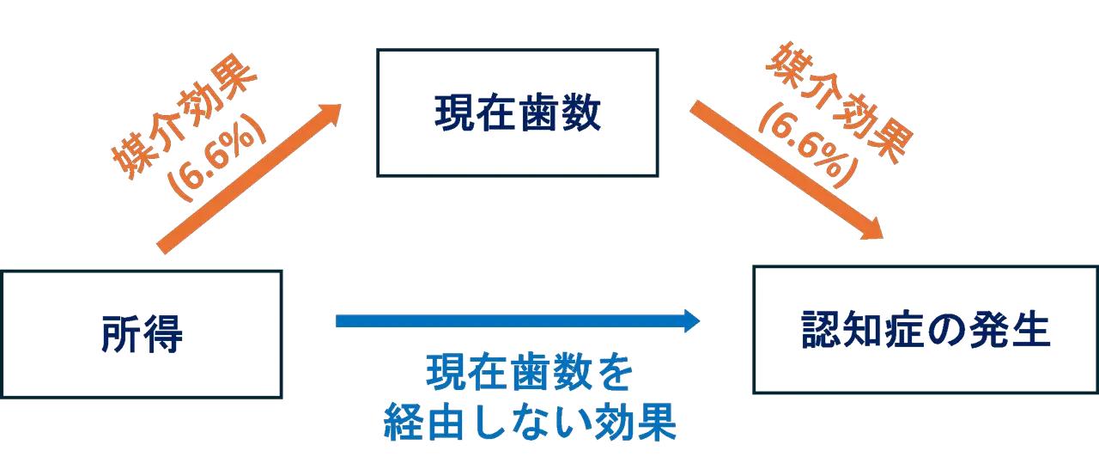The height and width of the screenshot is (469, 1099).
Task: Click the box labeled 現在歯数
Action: click(x=515, y=113)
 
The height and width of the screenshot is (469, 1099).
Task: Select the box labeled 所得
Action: click(x=141, y=335)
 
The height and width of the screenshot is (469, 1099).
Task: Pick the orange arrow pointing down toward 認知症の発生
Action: click(x=781, y=167)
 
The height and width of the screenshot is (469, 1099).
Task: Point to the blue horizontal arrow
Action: click(x=515, y=321)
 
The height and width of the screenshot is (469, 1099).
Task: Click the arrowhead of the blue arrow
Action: click(x=691, y=321)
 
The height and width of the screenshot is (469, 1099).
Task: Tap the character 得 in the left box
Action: click(x=163, y=335)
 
